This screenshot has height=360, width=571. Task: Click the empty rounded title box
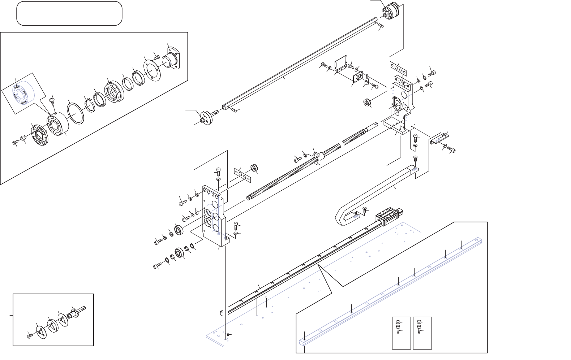tap(69, 13)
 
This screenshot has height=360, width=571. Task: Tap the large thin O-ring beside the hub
tap(76, 113)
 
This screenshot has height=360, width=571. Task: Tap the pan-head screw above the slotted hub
tap(52, 100)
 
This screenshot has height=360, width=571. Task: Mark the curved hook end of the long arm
tap(346, 216)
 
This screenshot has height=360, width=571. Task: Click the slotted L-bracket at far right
tap(439, 139)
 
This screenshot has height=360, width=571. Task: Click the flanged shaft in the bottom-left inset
tap(78, 313)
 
